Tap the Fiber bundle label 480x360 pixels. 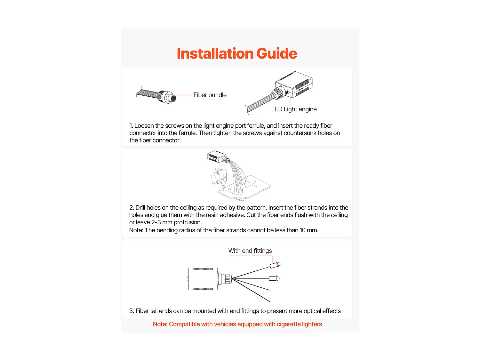pyautogui.click(x=210, y=95)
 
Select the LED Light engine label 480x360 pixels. pyautogui.click(x=294, y=109)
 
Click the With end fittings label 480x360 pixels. pyautogui.click(x=250, y=251)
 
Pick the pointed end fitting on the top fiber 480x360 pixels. pyautogui.click(x=276, y=265)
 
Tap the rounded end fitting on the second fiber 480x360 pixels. pyautogui.click(x=274, y=278)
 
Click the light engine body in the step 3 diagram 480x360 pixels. pyautogui.click(x=203, y=279)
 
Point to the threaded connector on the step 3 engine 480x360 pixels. pyautogui.click(x=225, y=279)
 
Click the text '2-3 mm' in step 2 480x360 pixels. pyautogui.click(x=162, y=222)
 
